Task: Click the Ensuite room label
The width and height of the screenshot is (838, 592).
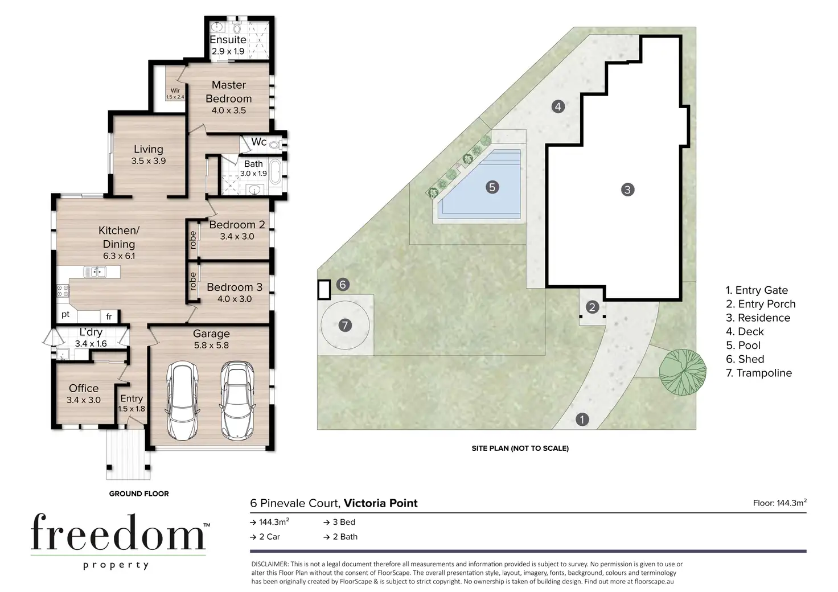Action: tap(228, 40)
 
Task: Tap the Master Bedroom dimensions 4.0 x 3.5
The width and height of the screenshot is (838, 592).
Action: tap(229, 110)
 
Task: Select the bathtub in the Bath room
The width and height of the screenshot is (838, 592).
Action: tap(275, 172)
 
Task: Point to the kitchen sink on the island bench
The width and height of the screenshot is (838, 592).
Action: tap(95, 272)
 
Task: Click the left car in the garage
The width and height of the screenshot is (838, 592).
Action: tap(182, 400)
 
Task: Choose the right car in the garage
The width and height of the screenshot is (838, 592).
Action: tap(237, 400)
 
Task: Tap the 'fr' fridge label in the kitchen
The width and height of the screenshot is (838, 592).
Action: tap(109, 316)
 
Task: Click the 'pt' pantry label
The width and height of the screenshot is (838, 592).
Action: tap(65, 315)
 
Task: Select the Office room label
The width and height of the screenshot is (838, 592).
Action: tap(84, 388)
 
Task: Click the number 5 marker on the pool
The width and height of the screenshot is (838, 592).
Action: tap(492, 187)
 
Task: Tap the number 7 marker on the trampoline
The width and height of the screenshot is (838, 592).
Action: tap(345, 326)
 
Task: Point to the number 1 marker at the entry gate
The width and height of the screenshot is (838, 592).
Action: tap(582, 420)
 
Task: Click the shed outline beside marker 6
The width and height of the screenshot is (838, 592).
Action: tap(324, 290)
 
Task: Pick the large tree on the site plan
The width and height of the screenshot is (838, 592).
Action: tap(683, 372)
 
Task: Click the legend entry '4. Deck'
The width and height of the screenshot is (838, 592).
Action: tap(745, 332)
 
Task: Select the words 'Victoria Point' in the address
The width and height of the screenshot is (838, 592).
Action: tap(380, 503)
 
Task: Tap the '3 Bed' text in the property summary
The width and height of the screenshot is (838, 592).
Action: tap(340, 522)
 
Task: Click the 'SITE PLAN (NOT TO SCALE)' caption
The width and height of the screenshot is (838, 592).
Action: tap(520, 449)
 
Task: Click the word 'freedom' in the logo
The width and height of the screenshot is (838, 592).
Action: tap(118, 532)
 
